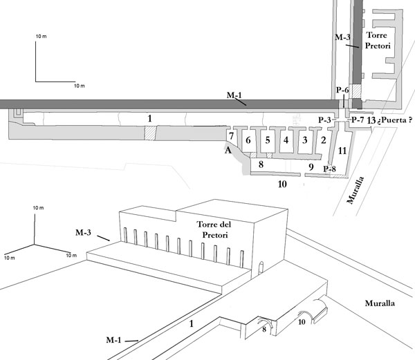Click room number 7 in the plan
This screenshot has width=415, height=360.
click(231, 136)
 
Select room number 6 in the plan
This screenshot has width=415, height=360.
click(248, 140)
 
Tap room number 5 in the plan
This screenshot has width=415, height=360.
click(268, 140)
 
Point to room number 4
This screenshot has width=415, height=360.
click(286, 140)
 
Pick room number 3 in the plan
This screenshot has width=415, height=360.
click(305, 140)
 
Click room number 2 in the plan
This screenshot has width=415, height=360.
click(324, 140)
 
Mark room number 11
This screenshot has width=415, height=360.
click(342, 151)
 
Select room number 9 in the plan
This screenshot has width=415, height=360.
click(311, 167)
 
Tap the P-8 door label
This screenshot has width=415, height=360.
click(330, 169)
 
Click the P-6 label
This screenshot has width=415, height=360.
click(342, 90)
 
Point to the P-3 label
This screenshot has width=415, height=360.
click(324, 120)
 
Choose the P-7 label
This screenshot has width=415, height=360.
click(358, 120)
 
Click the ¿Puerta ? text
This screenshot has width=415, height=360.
click(395, 120)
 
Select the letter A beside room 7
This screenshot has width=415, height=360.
click(228, 151)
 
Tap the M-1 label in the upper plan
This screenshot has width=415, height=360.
click(234, 95)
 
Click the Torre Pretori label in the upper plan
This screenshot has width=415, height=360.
click(378, 41)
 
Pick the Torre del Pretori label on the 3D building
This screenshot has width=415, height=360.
click(214, 229)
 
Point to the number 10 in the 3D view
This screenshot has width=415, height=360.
click(302, 322)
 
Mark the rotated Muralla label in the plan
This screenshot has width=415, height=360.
click(356, 190)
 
